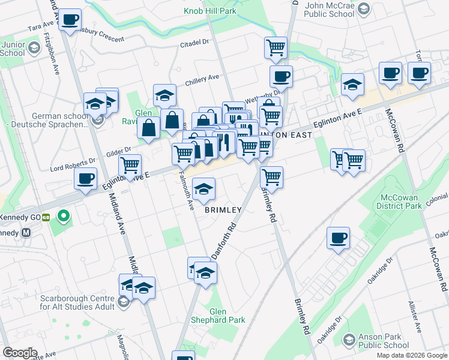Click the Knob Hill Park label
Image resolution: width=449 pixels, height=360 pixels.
209,11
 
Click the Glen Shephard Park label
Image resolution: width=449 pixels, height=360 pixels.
228,316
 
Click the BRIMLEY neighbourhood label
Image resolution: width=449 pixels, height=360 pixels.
223,210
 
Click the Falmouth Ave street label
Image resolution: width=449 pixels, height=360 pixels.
187,190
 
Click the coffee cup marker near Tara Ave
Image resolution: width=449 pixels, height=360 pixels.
70,20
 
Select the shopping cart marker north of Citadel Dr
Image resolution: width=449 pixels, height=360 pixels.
276,47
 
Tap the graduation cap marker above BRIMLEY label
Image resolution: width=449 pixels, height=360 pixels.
204,190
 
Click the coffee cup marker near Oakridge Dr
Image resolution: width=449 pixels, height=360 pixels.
338,238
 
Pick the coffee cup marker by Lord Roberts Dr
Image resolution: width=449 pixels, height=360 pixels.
85,178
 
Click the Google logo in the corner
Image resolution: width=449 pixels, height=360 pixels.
20,353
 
